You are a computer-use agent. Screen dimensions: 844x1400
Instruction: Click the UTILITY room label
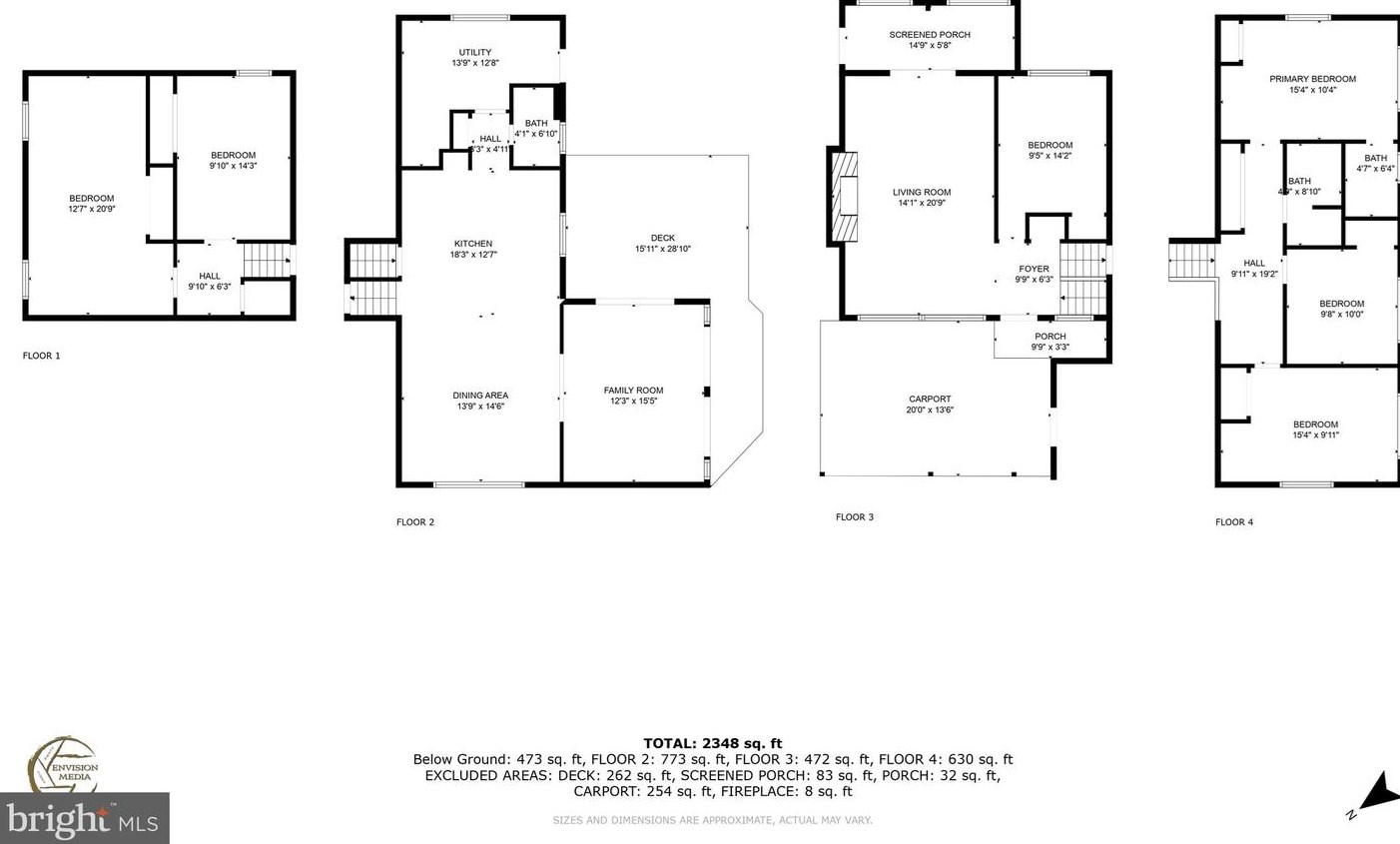(474, 53)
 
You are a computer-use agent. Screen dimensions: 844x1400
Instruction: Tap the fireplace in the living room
(844, 196)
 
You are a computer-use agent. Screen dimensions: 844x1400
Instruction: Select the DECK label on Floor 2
(662, 238)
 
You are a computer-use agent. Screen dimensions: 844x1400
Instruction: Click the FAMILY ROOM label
(633, 391)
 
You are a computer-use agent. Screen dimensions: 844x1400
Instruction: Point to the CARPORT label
(929, 399)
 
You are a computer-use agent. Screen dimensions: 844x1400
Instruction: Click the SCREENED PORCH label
(929, 35)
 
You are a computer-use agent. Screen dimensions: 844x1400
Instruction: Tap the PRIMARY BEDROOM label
(1312, 79)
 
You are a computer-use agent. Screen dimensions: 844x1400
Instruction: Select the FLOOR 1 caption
(42, 356)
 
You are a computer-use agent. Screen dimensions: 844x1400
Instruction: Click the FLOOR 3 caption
(854, 517)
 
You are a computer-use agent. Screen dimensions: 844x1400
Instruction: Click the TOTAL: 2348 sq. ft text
(712, 743)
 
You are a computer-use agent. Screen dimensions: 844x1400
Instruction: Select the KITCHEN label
(473, 244)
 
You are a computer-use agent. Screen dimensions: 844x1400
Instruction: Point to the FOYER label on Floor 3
(1034, 269)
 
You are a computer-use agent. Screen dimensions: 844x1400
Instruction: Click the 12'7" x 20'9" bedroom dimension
(91, 210)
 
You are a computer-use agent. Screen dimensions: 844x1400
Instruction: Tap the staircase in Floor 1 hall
(265, 260)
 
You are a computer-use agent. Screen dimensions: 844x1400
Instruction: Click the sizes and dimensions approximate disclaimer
(712, 820)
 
